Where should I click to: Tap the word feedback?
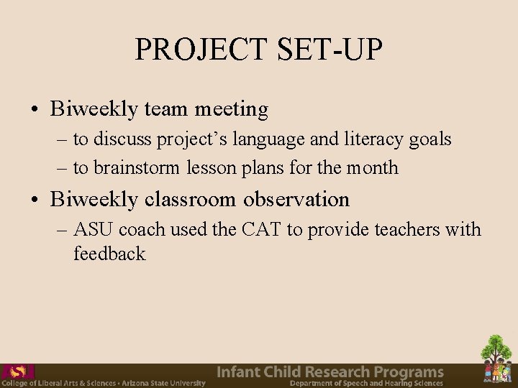coord(109,254)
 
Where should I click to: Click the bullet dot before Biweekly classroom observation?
coord(35,200)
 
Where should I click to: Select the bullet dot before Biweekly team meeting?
coord(35,110)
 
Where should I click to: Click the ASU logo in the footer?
coord(17,371)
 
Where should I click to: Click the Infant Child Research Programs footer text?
coord(330,371)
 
